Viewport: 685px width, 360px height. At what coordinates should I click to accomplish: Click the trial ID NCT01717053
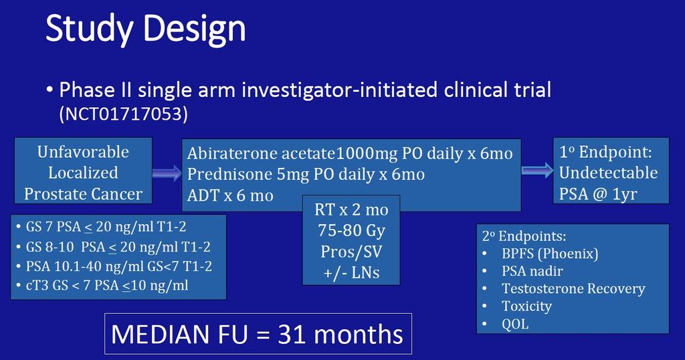point(124,114)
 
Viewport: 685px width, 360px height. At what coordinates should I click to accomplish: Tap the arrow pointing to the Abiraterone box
point(167,173)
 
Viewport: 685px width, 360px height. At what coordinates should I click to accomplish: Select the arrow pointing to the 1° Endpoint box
point(537,171)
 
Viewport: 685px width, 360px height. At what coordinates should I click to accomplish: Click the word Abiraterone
point(232,153)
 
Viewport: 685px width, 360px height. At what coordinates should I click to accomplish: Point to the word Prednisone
point(229,175)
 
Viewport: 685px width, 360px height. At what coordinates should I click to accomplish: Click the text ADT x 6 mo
point(230,195)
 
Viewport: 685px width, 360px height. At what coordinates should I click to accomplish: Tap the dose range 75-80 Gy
point(352,231)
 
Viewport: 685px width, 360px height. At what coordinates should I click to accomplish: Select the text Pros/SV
point(351,252)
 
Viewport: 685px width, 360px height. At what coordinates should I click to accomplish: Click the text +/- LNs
point(351,272)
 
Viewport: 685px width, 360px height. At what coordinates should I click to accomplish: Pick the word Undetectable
point(609,173)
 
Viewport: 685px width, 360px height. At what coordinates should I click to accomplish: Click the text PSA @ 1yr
point(598,194)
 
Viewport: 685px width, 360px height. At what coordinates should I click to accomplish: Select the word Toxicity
point(527,306)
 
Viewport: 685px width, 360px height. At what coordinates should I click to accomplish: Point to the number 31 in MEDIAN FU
point(292,335)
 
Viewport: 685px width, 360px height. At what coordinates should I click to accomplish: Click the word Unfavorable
point(83,152)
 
